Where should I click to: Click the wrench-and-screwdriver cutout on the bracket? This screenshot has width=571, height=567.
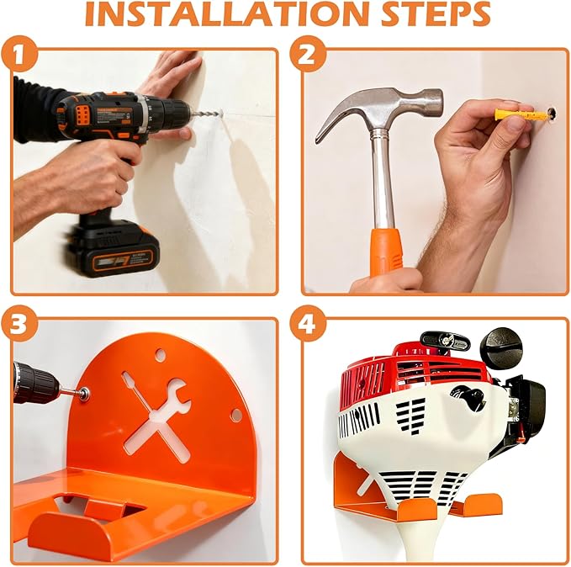point(159,403)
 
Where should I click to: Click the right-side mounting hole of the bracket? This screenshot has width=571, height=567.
point(236,415)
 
